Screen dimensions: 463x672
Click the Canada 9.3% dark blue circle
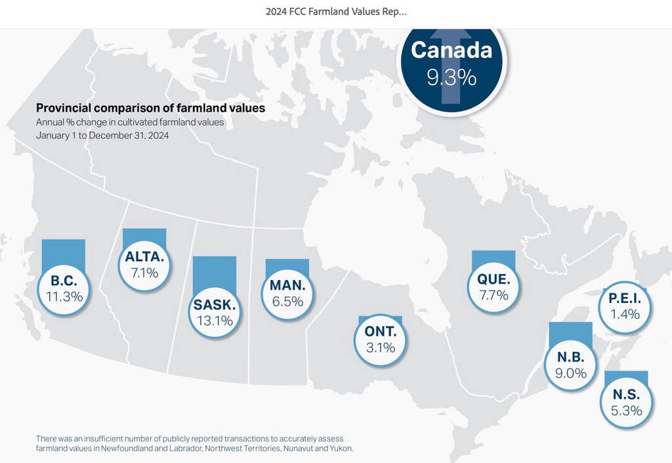click(x=451, y=64)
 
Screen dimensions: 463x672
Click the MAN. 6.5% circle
click(x=287, y=293)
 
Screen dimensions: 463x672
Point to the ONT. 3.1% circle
click(x=380, y=340)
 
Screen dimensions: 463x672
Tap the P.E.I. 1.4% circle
click(x=624, y=306)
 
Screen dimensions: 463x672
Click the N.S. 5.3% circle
click(x=625, y=403)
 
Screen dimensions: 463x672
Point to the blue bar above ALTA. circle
click(x=144, y=236)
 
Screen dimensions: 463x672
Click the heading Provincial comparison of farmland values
click(x=150, y=108)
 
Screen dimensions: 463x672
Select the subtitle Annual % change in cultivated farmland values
click(x=135, y=122)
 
